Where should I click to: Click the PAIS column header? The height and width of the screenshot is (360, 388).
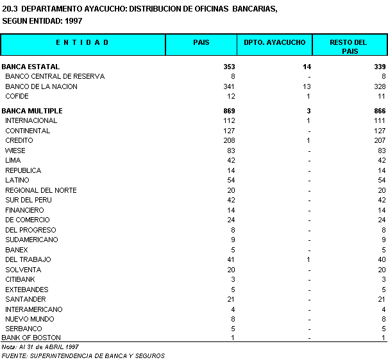coord(201,42)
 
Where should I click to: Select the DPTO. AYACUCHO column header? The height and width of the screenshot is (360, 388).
coord(275,42)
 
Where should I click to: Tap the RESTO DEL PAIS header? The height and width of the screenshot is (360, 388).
coord(349,46)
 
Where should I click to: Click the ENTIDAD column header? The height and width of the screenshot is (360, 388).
coord(83,42)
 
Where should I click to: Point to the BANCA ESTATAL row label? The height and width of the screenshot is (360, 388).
coord(31,67)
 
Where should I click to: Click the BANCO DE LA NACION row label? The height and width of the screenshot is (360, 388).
coord(41,86)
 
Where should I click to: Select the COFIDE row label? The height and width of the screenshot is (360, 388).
coord(17,96)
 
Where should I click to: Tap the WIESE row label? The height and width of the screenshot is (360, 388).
coord(15,151)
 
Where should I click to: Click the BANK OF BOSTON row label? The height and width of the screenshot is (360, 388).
coord(31,338)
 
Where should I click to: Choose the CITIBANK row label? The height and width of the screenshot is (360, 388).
coord(20,279)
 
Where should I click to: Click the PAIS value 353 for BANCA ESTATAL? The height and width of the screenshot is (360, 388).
coord(229,67)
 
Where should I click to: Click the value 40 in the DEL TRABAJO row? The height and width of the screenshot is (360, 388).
coord(381,259)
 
